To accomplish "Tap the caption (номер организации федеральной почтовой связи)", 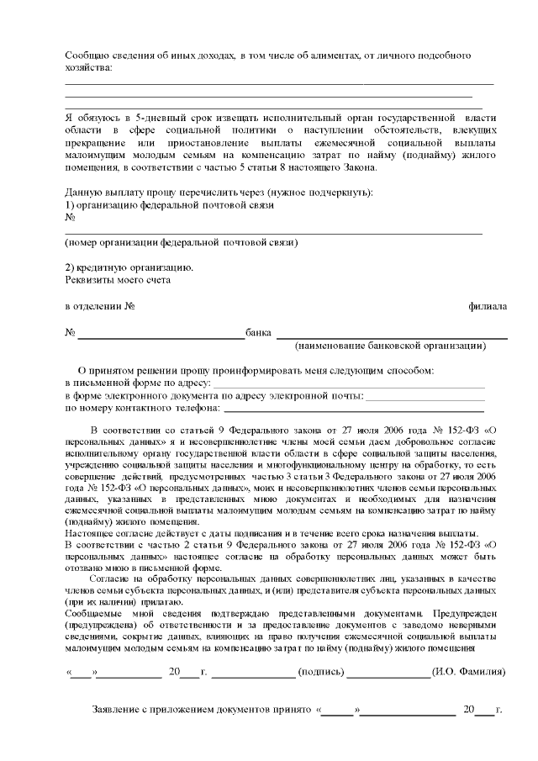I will click(x=181, y=242).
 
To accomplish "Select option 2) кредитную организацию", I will click(x=129, y=267).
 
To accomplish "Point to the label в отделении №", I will click(x=101, y=306).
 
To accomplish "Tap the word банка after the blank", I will click(x=258, y=333).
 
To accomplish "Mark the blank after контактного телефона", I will click(x=353, y=409).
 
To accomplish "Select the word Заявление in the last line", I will click(x=118, y=711).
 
